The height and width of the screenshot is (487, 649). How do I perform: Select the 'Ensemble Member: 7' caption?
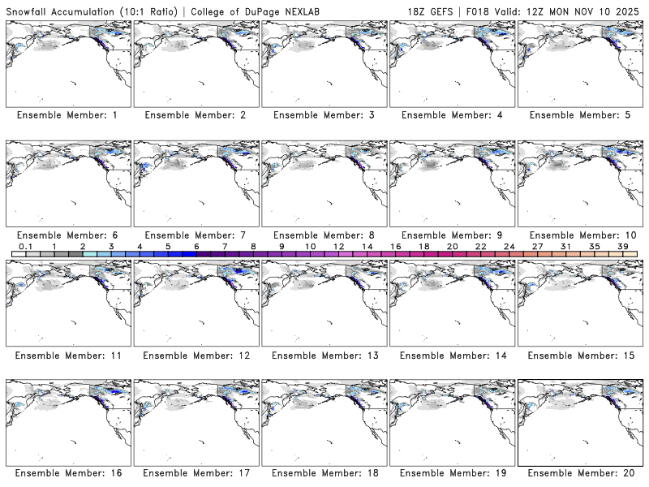[x=196, y=235]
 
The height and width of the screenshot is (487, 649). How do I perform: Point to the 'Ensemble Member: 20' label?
[x=581, y=473]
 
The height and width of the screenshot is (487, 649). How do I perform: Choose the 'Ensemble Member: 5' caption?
[x=579, y=115]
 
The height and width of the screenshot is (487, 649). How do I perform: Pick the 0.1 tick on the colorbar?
[x=25, y=246]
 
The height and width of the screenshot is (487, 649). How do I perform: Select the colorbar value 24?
[x=509, y=246]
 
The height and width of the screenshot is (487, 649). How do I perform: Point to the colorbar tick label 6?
[x=196, y=246]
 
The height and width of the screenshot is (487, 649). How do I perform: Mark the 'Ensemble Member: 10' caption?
[x=581, y=235]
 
